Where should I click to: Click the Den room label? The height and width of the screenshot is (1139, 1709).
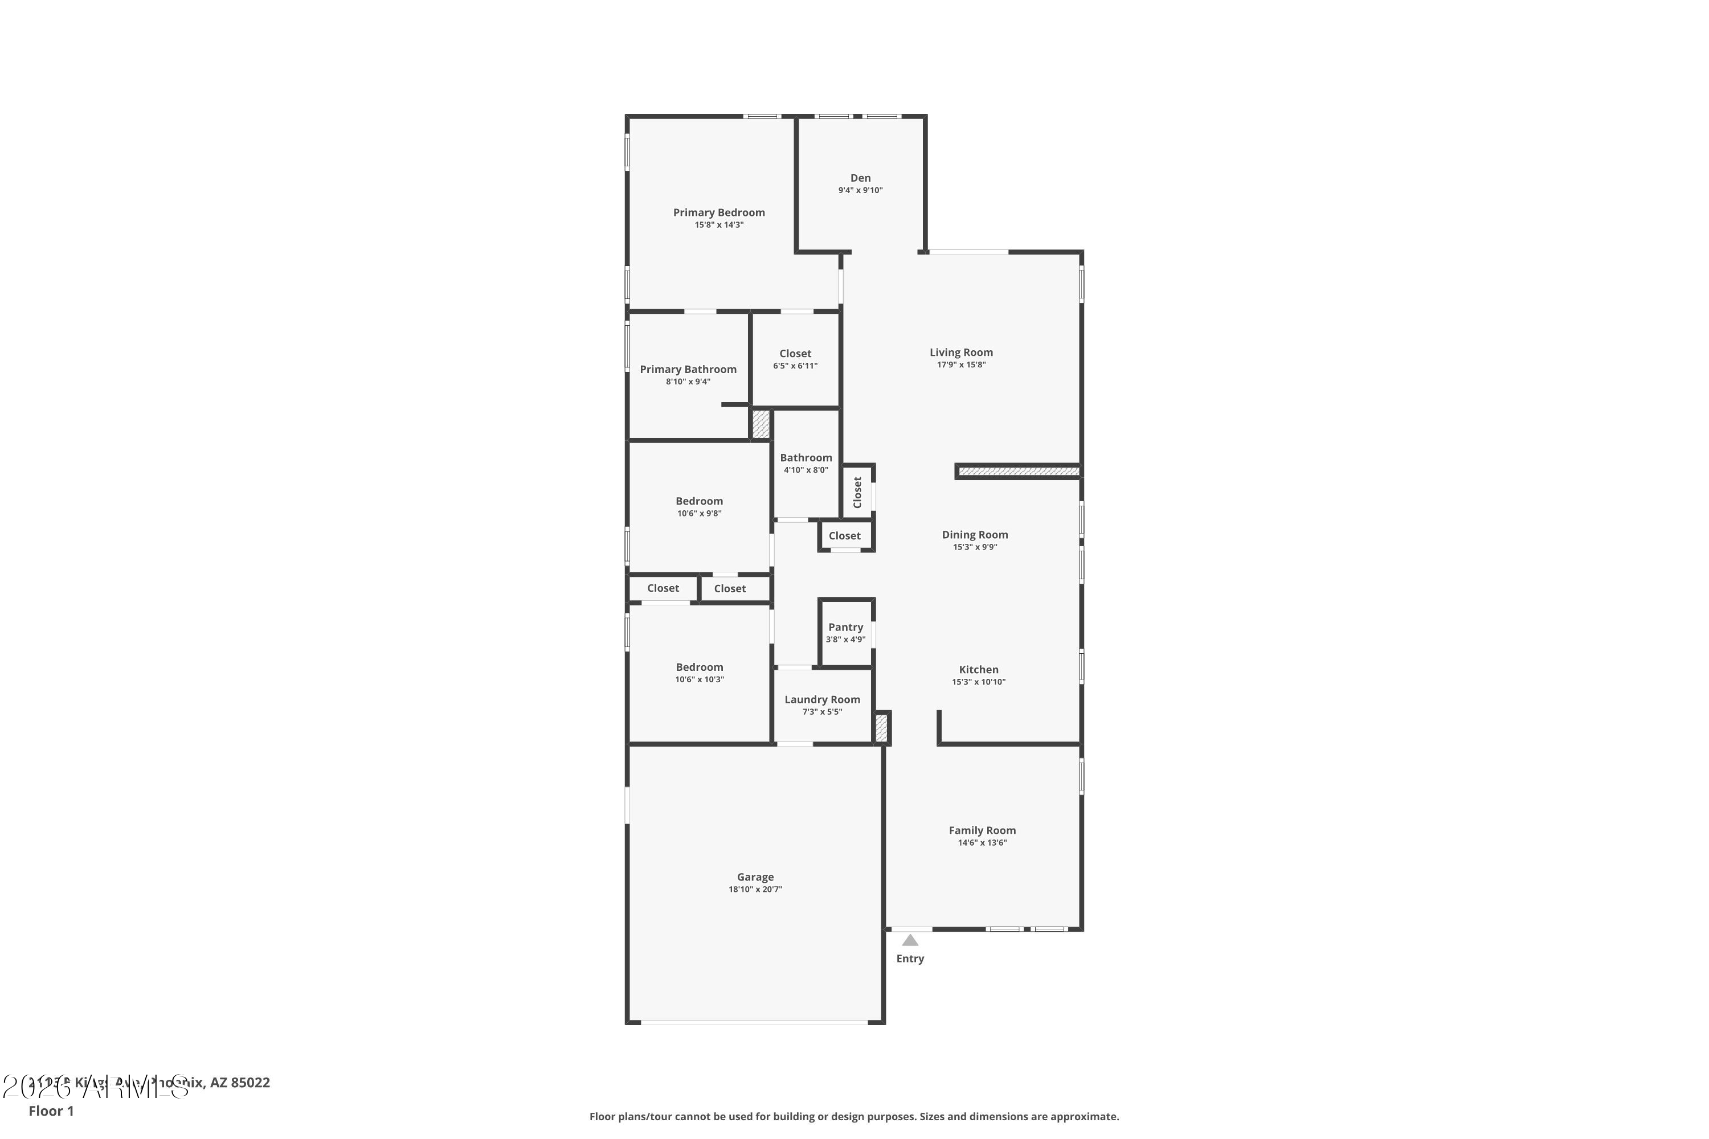(x=860, y=178)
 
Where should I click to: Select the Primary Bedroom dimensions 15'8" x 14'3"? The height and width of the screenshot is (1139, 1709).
(x=718, y=225)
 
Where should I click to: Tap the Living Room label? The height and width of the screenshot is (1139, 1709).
(x=960, y=353)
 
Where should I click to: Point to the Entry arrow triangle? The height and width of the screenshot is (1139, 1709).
(x=910, y=940)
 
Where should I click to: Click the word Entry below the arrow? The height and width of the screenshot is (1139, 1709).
(x=910, y=959)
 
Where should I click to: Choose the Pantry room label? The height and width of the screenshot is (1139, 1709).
(x=845, y=627)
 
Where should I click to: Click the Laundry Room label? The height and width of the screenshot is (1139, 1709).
(x=822, y=699)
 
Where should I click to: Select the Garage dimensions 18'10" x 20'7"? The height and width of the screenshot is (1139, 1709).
(x=755, y=889)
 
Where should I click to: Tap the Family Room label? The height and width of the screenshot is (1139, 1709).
(x=982, y=830)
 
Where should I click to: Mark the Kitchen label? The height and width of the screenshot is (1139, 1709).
(x=978, y=670)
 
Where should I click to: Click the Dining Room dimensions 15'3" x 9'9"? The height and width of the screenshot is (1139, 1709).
(x=974, y=547)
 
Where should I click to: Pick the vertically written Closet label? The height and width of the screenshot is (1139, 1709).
(x=857, y=492)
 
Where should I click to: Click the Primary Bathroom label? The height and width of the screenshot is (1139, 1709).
(x=688, y=369)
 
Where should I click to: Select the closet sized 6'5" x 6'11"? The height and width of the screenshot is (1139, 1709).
(x=795, y=359)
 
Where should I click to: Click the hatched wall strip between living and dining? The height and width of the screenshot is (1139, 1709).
(x=1018, y=472)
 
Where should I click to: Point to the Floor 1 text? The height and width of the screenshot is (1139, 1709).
(x=51, y=1111)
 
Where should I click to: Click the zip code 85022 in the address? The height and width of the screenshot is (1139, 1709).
(x=250, y=1083)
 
